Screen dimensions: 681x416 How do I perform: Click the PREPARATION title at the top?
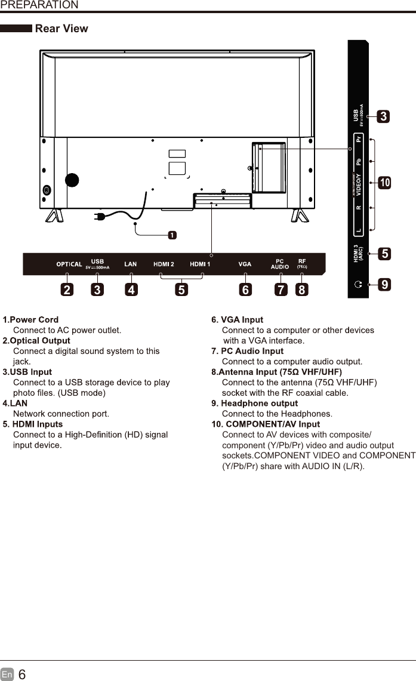39,5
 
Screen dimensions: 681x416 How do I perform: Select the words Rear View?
61,29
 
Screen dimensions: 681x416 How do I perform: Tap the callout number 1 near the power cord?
172,235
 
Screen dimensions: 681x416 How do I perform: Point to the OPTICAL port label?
69,264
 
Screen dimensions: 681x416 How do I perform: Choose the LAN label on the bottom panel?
130,264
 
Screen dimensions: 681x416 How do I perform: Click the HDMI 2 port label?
164,264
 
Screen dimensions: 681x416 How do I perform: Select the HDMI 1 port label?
200,264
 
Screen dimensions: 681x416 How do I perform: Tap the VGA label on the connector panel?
245,264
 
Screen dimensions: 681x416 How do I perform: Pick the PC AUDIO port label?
280,264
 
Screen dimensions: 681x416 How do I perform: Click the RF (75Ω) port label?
302,263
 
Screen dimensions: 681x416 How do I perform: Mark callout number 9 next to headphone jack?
385,285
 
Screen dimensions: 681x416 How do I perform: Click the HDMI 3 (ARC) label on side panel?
358,254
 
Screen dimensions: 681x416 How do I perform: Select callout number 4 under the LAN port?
130,290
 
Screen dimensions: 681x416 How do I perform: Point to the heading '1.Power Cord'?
30,321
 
